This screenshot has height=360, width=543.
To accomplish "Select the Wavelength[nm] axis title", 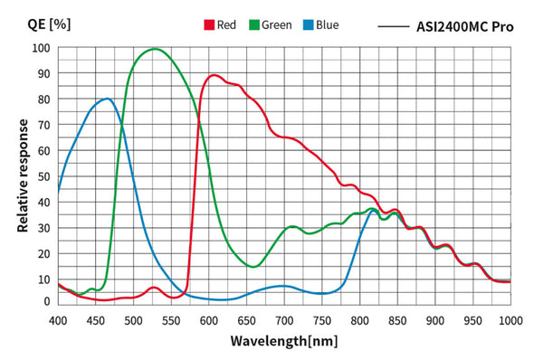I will pos(283,341).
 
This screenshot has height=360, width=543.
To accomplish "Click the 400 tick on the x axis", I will pos(58,319).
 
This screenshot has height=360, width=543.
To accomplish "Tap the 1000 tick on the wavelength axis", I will pos(510,319).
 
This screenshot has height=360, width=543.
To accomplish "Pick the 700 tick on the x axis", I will pos(284,319).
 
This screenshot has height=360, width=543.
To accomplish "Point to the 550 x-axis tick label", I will pos(171,319).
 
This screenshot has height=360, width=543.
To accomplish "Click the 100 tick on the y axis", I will pos(40,47).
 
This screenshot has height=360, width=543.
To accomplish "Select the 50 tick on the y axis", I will pos(43,175).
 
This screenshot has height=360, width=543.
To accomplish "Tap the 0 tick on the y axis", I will pos(46,301).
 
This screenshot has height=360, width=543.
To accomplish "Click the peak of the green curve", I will pos(155,49).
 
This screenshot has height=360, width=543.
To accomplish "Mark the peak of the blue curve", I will pos(108,99).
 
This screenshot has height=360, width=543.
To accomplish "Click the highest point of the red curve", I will pos(214,75).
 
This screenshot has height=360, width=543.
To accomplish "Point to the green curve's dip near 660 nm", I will pos(254,266).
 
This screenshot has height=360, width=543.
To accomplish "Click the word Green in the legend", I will pos(276,24).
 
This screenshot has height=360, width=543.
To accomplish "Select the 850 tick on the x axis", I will pos(397,319).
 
